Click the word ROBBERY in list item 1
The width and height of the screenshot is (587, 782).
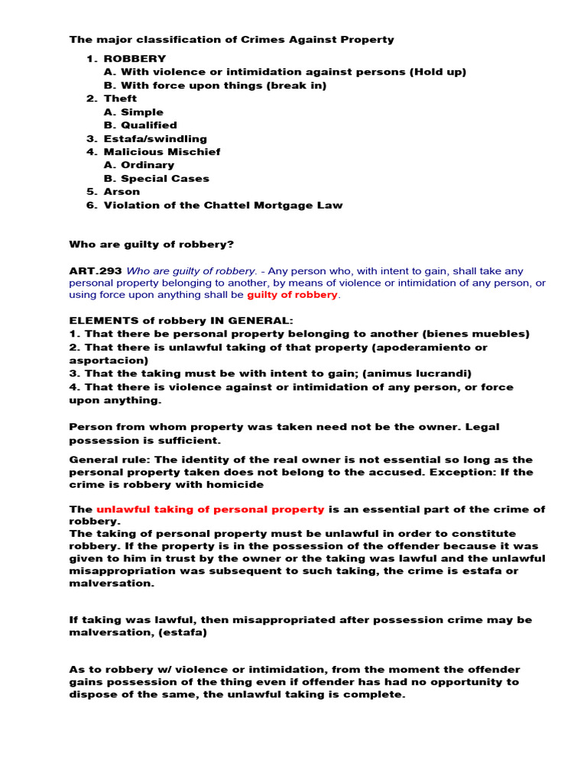point(135,59)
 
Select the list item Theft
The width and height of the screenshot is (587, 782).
point(120,99)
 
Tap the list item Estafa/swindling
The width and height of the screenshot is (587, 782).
point(155,138)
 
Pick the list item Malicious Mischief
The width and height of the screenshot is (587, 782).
point(162,152)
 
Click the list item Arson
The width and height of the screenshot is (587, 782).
point(122,192)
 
